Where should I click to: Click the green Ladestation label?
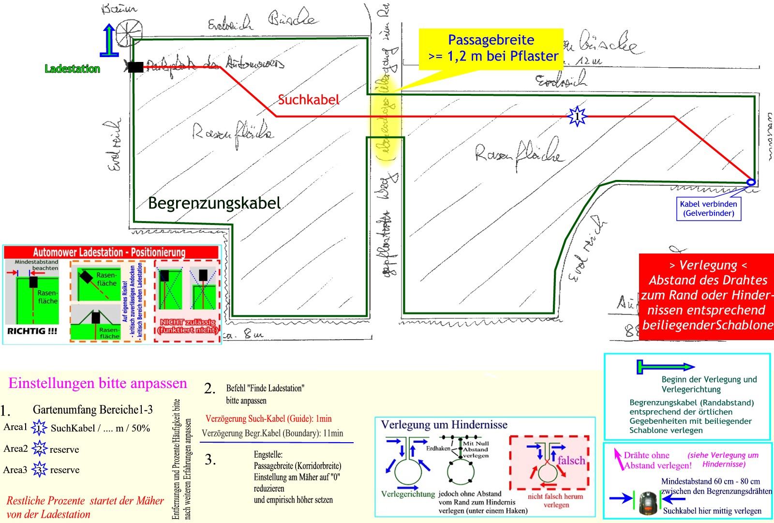pyautogui.click(x=72, y=69)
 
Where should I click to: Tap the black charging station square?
pyautogui.click(x=135, y=67)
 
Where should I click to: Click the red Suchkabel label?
pyautogui.click(x=309, y=100)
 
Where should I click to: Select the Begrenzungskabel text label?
pyautogui.click(x=214, y=203)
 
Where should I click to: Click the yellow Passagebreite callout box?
pyautogui.click(x=491, y=48)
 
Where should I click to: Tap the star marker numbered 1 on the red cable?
pyautogui.click(x=577, y=117)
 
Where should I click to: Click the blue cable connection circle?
pyautogui.click(x=751, y=182)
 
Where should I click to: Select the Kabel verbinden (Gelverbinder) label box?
pyautogui.click(x=709, y=209)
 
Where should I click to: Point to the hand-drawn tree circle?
pyautogui.click(x=127, y=31)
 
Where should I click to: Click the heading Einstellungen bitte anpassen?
pyautogui.click(x=98, y=384)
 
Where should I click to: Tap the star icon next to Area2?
pyautogui.click(x=39, y=449)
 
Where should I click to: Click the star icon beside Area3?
pyautogui.click(x=39, y=470)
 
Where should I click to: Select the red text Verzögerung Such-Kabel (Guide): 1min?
pyautogui.click(x=268, y=418)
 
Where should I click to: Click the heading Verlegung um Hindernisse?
pyautogui.click(x=444, y=425)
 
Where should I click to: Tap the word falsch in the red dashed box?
pyautogui.click(x=571, y=460)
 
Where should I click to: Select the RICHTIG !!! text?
pyautogui.click(x=32, y=331)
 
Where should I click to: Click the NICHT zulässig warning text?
pyautogui.click(x=187, y=326)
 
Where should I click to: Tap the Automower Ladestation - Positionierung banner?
pyautogui.click(x=109, y=252)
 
